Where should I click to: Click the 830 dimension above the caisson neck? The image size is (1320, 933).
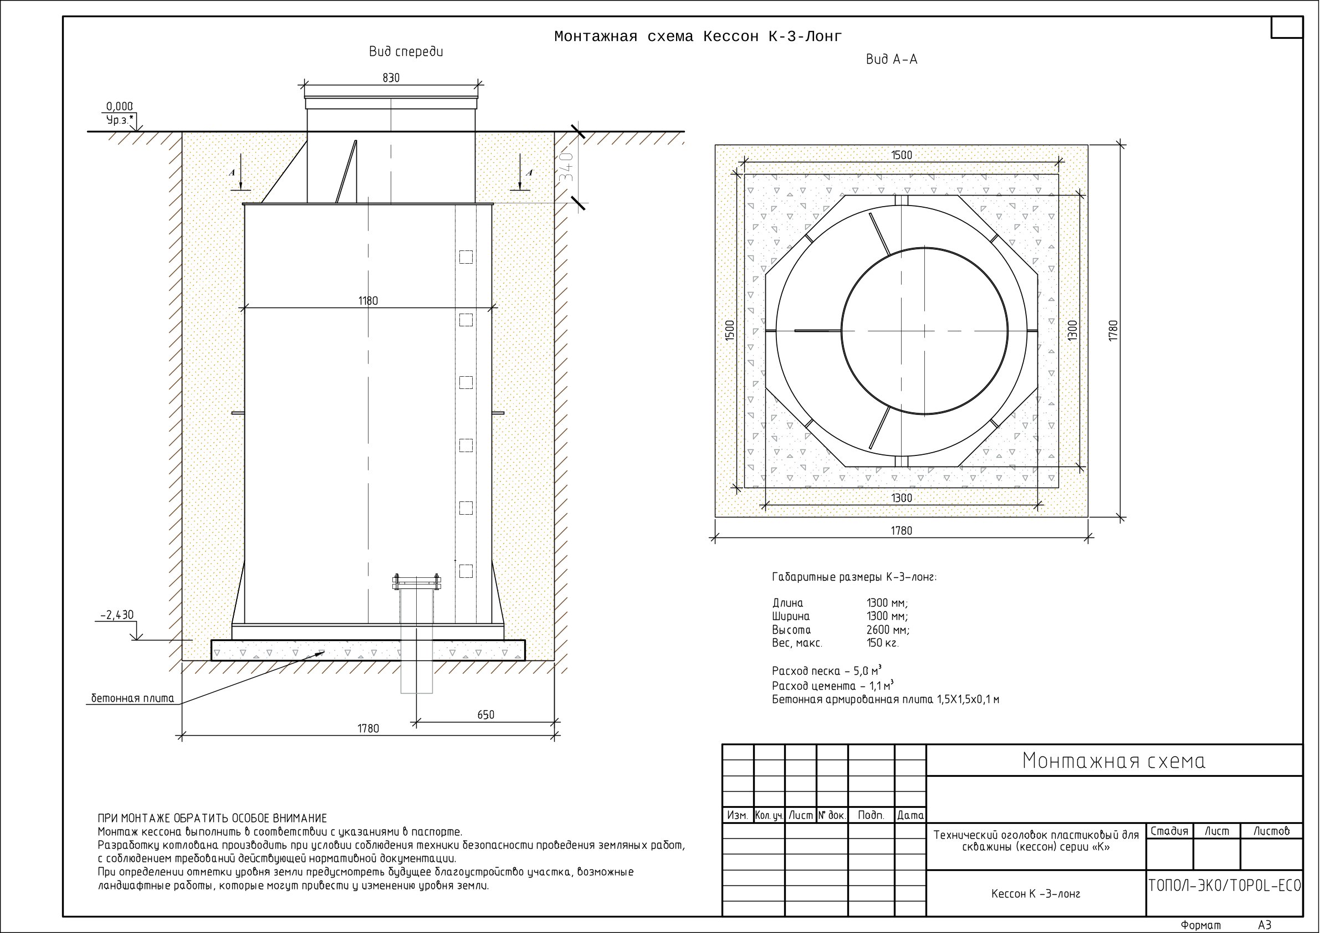point(391,78)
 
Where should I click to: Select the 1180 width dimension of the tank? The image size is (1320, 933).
point(368,301)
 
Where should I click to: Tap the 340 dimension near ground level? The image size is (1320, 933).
point(567,167)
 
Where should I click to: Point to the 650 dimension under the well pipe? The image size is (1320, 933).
point(486,715)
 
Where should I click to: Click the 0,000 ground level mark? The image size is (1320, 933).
point(120,106)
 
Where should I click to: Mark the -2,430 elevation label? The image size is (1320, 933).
point(117,615)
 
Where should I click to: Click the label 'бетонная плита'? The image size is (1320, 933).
point(133,699)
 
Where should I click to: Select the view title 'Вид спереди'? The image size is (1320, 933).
point(406,52)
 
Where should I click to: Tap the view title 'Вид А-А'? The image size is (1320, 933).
point(892,60)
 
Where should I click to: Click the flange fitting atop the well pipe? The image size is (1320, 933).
point(416,583)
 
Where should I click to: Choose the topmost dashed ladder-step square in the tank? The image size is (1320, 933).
point(465,257)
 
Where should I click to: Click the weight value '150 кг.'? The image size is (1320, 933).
point(882,643)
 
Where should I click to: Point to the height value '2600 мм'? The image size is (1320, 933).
point(888,629)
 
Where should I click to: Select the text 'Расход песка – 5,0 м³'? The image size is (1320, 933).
point(827,671)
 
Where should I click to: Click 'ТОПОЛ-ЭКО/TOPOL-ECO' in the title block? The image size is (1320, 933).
point(1225,886)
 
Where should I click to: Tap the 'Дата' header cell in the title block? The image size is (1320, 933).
point(910,815)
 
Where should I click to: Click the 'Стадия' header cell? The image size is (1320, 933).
point(1169,831)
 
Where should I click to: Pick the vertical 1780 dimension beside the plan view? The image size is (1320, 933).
point(1114,331)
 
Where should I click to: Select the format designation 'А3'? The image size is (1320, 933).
point(1265,925)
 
